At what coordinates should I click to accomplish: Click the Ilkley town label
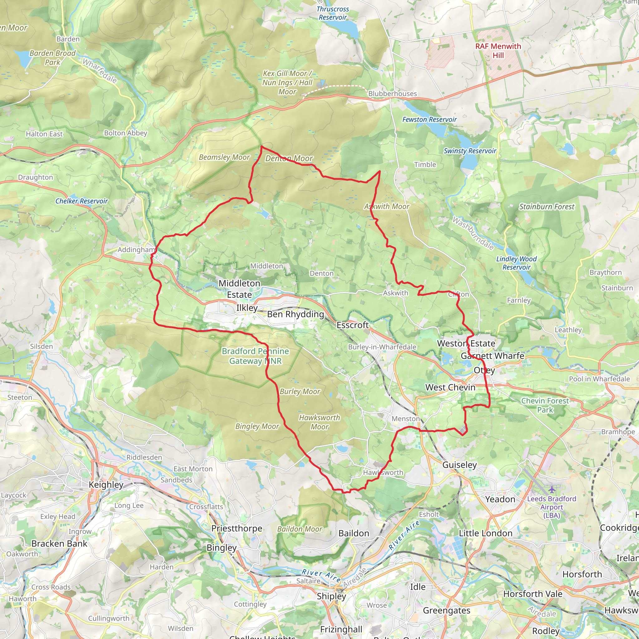[x=247, y=308]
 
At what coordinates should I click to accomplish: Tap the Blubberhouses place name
[x=392, y=94]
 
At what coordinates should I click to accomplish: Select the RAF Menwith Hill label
[x=498, y=51]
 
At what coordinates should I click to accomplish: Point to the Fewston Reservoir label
[x=429, y=120]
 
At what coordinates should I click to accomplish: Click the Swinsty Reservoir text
[x=470, y=151]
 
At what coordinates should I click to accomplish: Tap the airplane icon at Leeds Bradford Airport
[x=552, y=489]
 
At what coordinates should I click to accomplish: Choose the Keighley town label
[x=106, y=485]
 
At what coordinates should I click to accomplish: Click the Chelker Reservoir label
[x=81, y=201]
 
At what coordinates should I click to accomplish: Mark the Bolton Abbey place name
[x=125, y=133]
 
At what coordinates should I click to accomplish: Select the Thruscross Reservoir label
[x=332, y=13]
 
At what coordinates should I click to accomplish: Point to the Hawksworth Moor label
[x=319, y=422]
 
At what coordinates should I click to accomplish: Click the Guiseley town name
[x=459, y=465]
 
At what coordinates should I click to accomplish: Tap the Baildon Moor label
[x=299, y=529]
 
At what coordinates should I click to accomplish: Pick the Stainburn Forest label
[x=546, y=207]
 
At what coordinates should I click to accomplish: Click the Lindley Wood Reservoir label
[x=516, y=263]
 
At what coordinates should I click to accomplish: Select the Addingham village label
[x=136, y=250]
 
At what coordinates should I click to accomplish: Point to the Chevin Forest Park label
[x=545, y=405]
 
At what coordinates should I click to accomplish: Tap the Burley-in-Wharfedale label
[x=382, y=347]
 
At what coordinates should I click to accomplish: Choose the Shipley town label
[x=331, y=596]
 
